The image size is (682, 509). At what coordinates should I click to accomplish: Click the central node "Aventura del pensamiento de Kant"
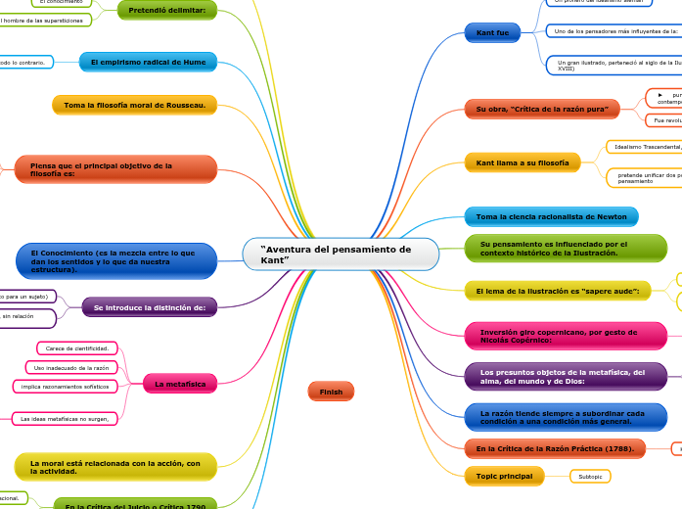(341, 254)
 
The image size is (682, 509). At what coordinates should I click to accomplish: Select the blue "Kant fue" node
(492, 33)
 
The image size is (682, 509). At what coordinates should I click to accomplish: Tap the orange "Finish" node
(331, 392)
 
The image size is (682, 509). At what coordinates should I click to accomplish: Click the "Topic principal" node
(504, 477)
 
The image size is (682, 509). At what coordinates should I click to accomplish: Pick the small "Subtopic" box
(590, 477)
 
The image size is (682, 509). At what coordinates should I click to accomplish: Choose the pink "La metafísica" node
(180, 385)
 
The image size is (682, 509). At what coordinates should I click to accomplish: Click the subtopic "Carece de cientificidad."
(77, 348)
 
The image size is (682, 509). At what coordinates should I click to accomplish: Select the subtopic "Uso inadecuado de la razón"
(71, 367)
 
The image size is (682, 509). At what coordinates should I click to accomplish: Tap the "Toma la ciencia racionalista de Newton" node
(551, 216)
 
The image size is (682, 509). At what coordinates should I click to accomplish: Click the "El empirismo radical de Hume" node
(148, 63)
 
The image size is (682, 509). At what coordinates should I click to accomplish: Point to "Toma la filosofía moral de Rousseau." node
(134, 105)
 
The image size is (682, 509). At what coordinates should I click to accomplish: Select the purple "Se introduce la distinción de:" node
(149, 307)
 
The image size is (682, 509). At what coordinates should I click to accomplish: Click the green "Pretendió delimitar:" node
(166, 11)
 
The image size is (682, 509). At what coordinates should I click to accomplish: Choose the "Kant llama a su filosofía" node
(523, 162)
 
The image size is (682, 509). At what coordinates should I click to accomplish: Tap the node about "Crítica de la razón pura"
(541, 110)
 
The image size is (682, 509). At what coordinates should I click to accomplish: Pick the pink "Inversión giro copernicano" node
(559, 336)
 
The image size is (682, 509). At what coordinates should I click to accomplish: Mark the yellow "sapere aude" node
(557, 291)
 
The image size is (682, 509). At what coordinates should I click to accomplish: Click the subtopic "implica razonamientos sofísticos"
(67, 387)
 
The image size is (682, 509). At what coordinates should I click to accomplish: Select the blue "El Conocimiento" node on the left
(116, 261)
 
